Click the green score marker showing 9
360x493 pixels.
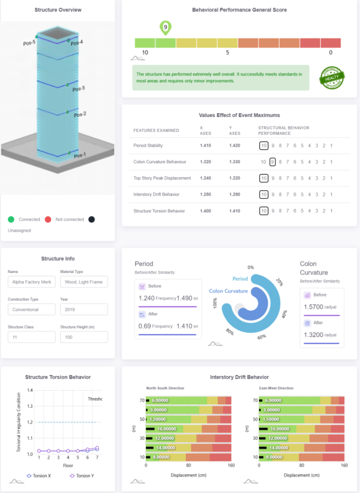[x=165, y=28]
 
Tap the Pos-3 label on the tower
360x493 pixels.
[x=78, y=89]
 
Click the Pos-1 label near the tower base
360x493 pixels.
[x=79, y=156]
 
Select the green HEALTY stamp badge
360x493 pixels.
[x=332, y=78]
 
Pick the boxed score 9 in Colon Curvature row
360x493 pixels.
[x=273, y=162]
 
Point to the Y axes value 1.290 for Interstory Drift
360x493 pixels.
[x=234, y=195]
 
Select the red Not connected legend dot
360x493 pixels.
[x=48, y=220]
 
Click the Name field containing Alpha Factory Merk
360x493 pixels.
[x=32, y=282]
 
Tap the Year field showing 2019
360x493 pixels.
[x=84, y=310]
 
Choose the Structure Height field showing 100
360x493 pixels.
[x=84, y=337]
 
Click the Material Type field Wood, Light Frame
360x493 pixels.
[x=84, y=282]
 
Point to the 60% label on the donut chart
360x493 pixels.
[x=261, y=337]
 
